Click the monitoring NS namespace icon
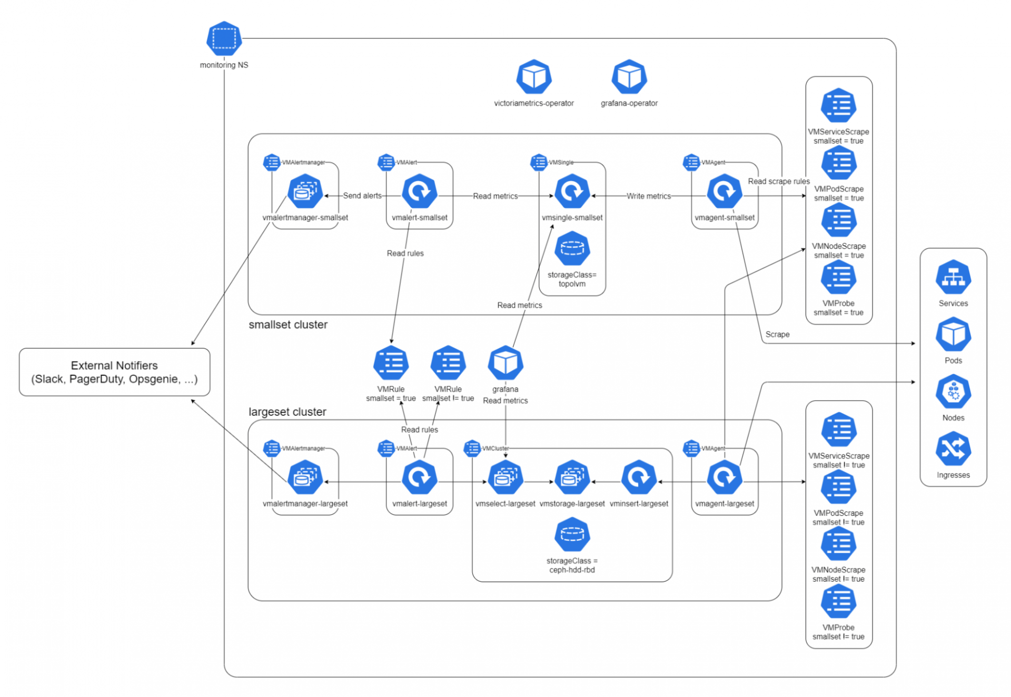[224, 38]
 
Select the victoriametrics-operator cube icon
[533, 77]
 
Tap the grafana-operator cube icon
[629, 77]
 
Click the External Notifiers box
[114, 372]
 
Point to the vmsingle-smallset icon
[572, 192]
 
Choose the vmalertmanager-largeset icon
[305, 477]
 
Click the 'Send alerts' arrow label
[362, 196]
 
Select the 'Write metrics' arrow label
[648, 196]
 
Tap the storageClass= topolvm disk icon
[572, 248]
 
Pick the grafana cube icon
[505, 363]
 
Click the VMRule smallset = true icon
[391, 363]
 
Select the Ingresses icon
[953, 449]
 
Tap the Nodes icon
[953, 392]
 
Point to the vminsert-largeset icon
[639, 477]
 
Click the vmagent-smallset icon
[725, 192]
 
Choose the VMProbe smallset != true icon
[838, 602]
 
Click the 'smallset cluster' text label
[288, 325]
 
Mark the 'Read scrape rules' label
[778, 181]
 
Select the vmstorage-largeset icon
[572, 477]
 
